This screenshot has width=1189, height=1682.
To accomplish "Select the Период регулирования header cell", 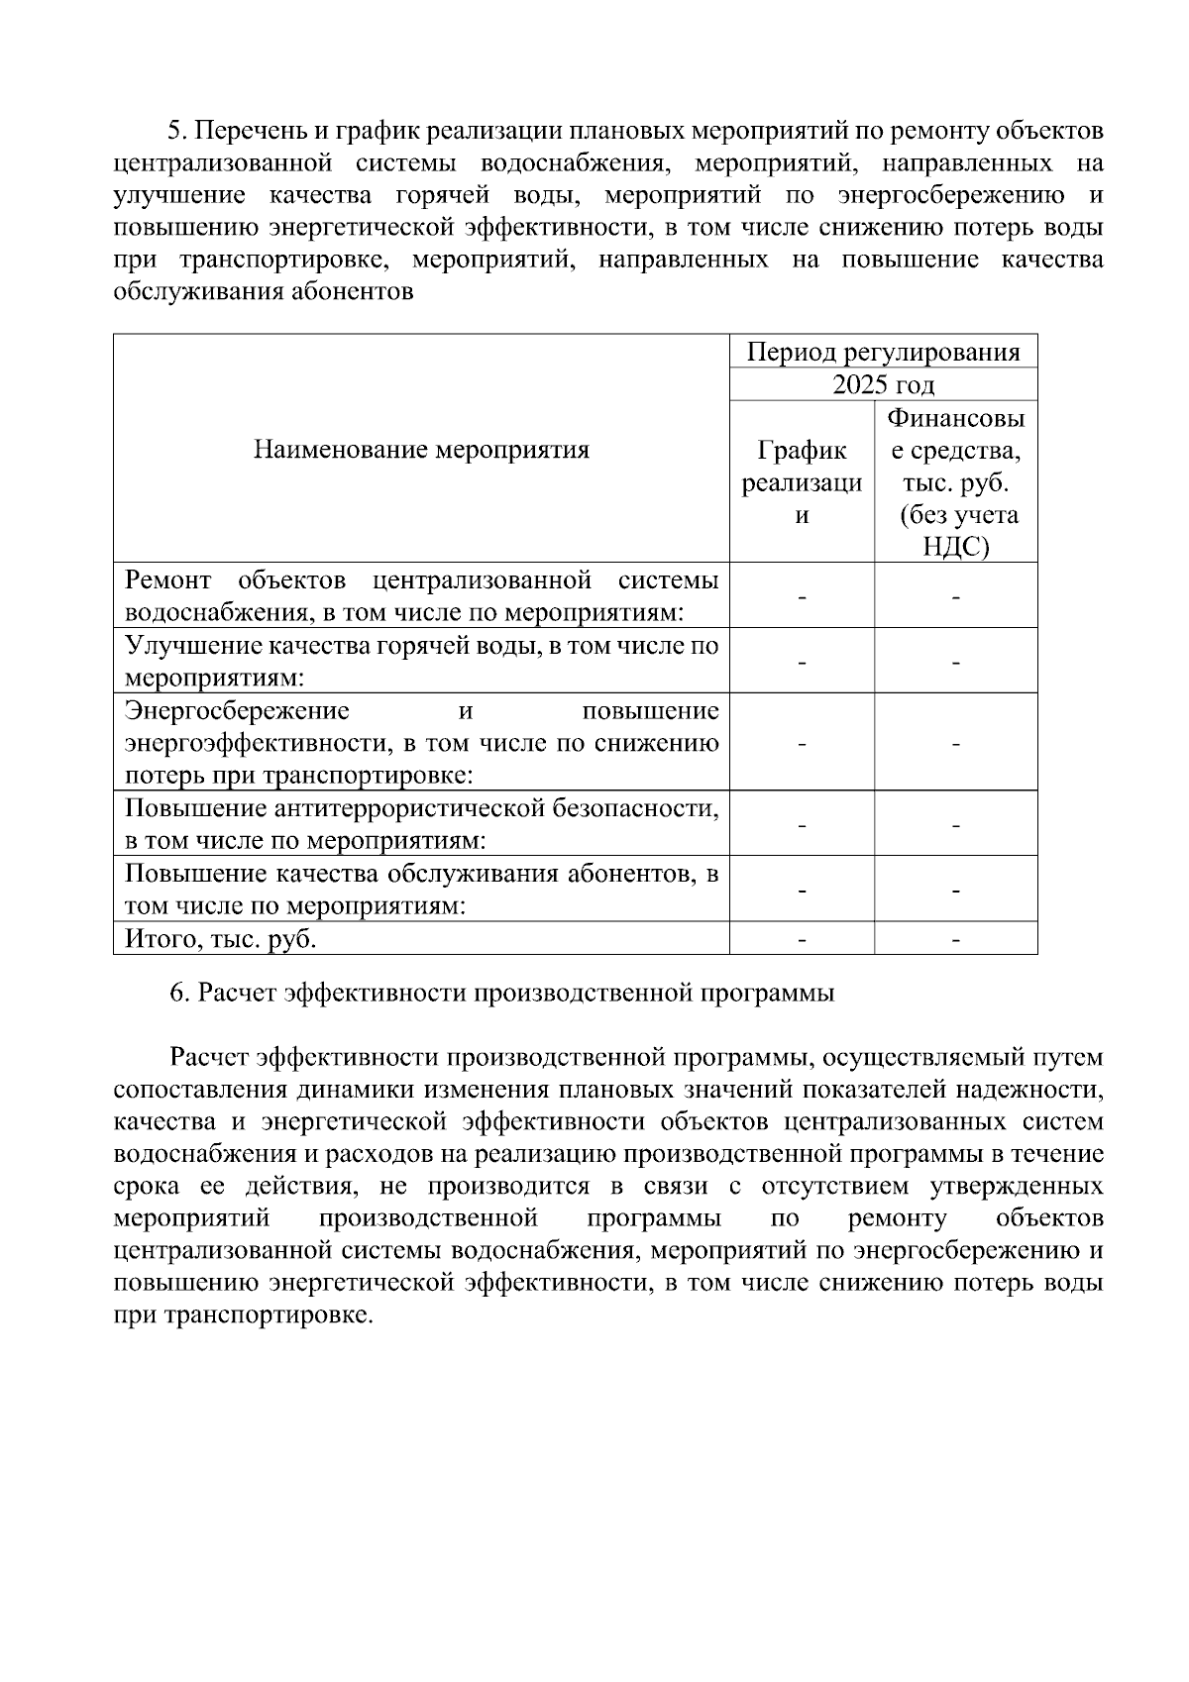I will (883, 352).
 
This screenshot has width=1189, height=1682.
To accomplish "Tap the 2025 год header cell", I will (883, 384).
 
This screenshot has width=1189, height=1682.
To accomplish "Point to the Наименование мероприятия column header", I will (421, 450).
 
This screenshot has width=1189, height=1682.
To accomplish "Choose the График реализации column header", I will (802, 482).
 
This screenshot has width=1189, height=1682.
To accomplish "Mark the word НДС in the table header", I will (955, 547).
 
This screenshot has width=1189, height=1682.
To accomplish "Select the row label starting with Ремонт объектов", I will (421, 595).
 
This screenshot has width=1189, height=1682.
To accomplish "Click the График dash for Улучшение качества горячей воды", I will (802, 661).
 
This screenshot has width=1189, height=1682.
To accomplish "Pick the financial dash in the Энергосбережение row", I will (955, 742).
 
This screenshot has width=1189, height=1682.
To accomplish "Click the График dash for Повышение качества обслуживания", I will (802, 890).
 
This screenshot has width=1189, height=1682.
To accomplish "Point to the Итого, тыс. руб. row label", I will (220, 938).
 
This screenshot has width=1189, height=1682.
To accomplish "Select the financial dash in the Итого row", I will (955, 938).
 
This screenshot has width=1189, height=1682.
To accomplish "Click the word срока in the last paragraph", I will (147, 1186).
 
